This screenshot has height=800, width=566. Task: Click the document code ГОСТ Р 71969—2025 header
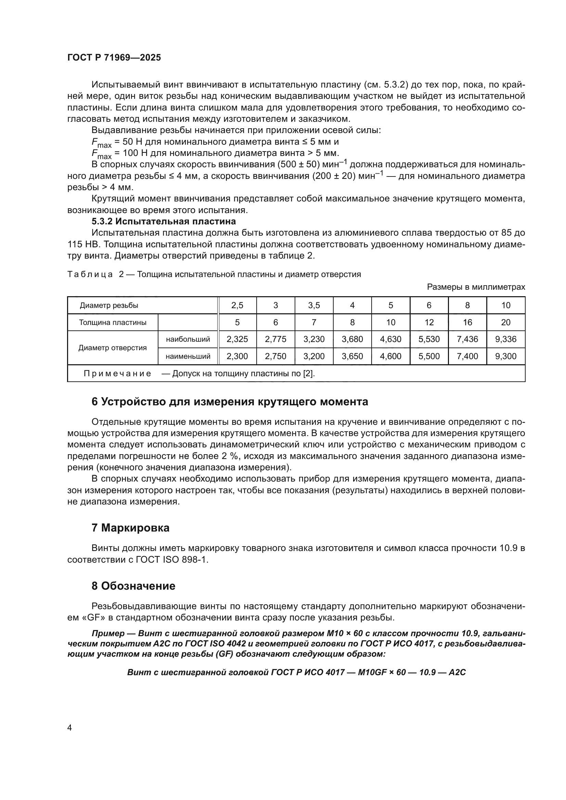coord(114,58)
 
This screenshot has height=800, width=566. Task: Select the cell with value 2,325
coord(237,339)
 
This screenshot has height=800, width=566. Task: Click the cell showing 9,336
coord(505,339)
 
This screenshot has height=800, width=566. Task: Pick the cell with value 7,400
coord(467,356)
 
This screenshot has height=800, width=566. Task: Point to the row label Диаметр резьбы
coord(109,305)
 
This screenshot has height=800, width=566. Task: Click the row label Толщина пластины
coord(113,323)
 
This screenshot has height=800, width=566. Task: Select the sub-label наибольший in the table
coord(188,339)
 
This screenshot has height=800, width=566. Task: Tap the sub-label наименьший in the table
coord(188,356)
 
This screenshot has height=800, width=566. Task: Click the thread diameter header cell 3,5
coord(314,305)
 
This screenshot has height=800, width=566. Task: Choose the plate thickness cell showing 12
coord(429,323)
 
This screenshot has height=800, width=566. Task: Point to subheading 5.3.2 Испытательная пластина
coord(164,222)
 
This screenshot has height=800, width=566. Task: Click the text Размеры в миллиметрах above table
coord(476,287)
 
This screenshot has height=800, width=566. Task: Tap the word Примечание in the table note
coord(117,374)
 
